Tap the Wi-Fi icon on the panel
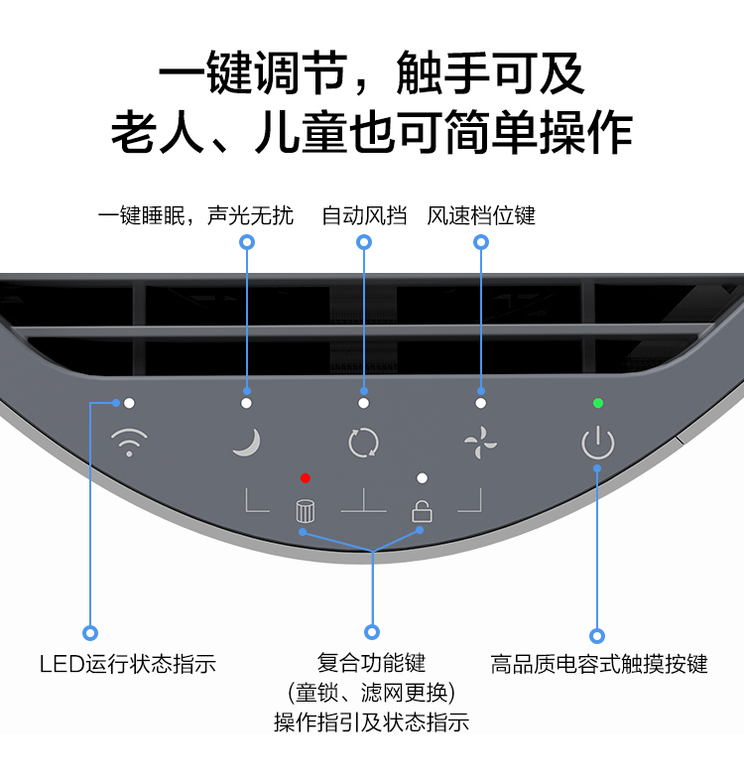point(128,442)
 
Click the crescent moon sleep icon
point(246,442)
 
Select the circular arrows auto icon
point(363,442)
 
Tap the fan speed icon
point(480,442)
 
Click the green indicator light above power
point(597,403)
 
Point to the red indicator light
point(306,477)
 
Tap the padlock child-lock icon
point(422,511)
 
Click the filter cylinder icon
point(306,511)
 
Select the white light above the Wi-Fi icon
point(129,403)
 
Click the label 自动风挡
point(364,215)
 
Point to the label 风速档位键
point(481,215)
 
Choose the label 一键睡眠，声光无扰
point(195,215)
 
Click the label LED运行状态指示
point(127,664)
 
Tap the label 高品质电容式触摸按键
point(599,664)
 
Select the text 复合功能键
point(371,662)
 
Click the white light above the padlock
point(422,477)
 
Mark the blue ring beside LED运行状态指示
point(90,632)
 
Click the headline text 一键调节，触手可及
point(372,74)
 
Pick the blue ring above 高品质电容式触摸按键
point(597,635)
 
